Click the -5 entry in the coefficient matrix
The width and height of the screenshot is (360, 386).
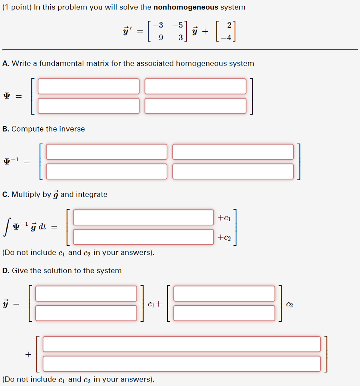(x=178, y=25)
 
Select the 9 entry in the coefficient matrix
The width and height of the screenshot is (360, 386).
(x=161, y=38)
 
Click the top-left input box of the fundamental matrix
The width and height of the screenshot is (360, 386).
(x=89, y=86)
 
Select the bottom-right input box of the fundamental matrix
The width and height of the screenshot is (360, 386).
(x=195, y=106)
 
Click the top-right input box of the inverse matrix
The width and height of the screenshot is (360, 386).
(x=233, y=152)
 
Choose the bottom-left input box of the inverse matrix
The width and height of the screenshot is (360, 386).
(x=106, y=172)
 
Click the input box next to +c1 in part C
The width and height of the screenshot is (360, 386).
(x=143, y=218)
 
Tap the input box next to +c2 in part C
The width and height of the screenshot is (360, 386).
(x=143, y=237)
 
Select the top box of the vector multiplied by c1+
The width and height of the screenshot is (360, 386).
(x=86, y=294)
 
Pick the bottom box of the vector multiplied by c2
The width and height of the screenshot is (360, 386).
(x=224, y=313)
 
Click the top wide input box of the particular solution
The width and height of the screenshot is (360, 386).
(x=181, y=344)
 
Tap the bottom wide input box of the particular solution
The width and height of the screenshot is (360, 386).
(x=181, y=364)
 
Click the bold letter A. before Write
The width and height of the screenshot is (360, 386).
(x=6, y=63)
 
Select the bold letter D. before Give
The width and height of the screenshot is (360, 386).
(x=6, y=271)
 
